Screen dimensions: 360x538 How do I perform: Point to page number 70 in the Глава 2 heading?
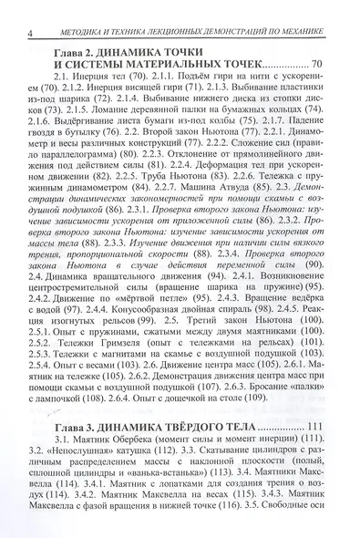tap(316, 77)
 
